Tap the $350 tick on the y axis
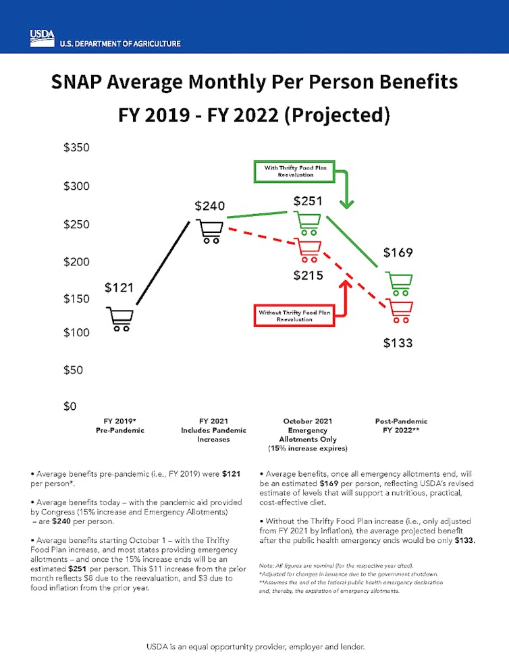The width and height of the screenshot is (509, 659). point(77,148)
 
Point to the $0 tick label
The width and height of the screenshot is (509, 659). point(70,406)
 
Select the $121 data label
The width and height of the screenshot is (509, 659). point(119,288)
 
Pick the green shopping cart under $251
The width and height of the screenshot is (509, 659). point(309,222)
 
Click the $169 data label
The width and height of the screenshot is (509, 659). point(398,253)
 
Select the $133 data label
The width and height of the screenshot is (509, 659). point(398,343)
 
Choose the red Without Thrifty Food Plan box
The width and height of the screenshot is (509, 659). point(294,315)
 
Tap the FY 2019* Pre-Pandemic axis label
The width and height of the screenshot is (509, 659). point(119,425)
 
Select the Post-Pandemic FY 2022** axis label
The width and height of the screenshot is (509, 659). point(401,425)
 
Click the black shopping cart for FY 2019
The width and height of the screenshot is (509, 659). point(120,319)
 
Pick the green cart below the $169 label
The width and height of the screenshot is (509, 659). point(399,284)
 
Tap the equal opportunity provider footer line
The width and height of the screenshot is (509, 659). point(254,646)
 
